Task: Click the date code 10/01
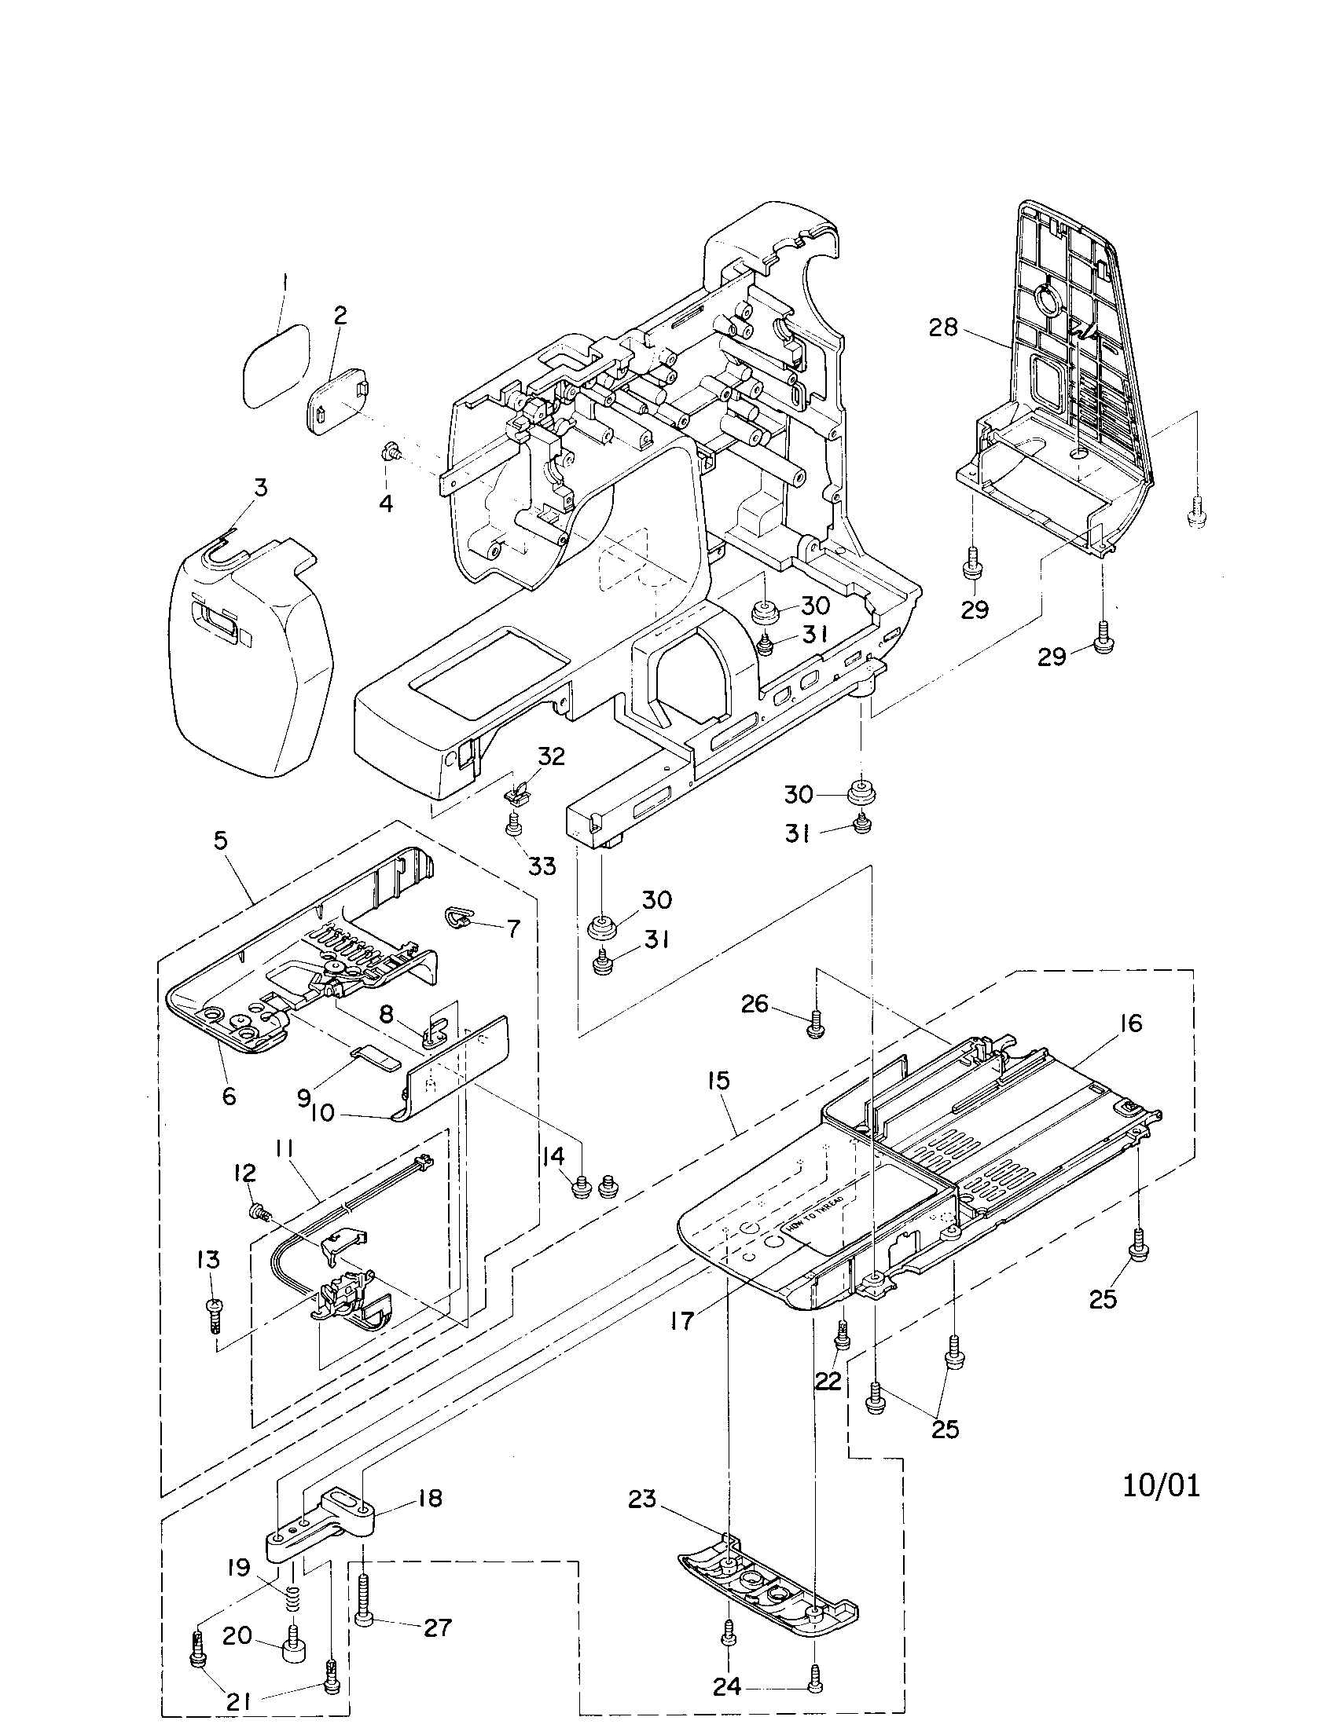(1161, 1486)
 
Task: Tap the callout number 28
(942, 327)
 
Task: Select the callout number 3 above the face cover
(259, 488)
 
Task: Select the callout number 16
(1131, 1023)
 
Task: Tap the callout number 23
(642, 1498)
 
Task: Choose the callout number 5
(220, 840)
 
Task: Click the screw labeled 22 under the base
(843, 1337)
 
